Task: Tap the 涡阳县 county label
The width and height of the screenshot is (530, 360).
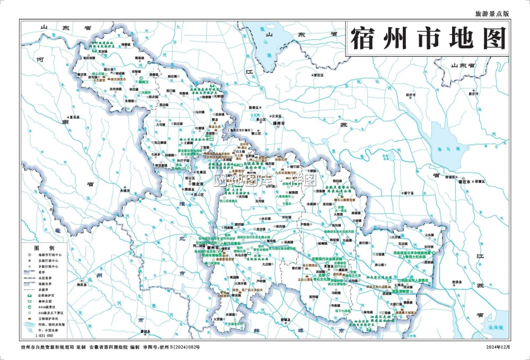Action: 82,285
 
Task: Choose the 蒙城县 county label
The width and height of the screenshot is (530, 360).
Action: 143,332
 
